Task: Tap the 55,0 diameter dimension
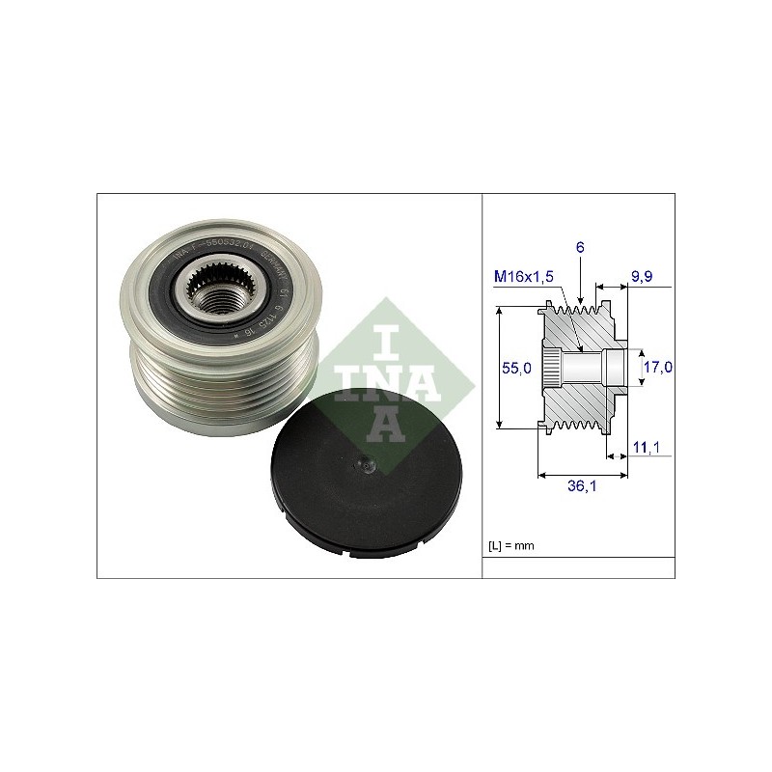(x=520, y=369)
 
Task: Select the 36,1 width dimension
(x=581, y=487)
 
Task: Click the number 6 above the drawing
(x=581, y=248)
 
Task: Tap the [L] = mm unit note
(x=512, y=546)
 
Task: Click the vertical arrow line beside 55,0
(x=500, y=368)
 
